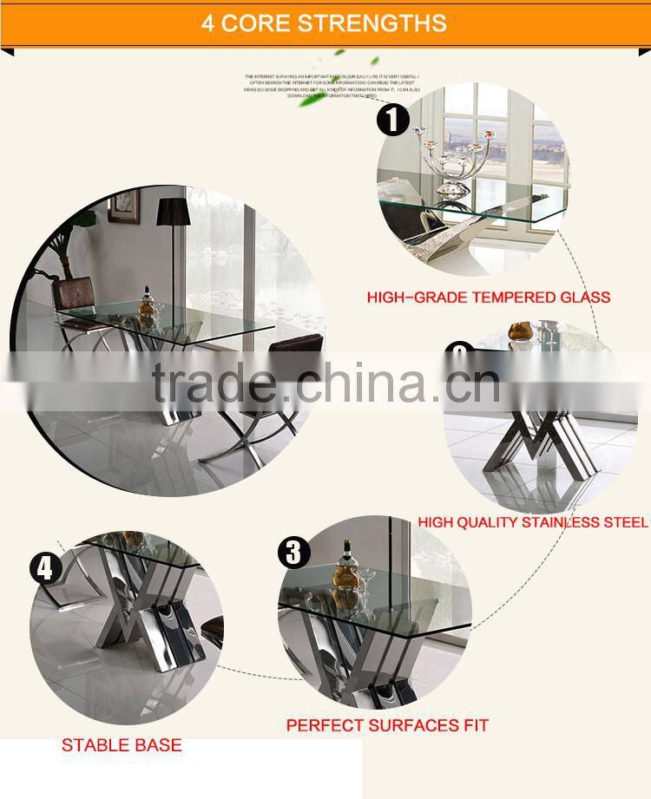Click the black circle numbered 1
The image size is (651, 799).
pos(393,119)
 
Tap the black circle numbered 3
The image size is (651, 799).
pos(293,553)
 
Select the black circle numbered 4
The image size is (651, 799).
pos(46,568)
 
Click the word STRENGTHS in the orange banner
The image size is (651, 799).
pos(372,23)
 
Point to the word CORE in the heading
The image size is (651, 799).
pos(254,23)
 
